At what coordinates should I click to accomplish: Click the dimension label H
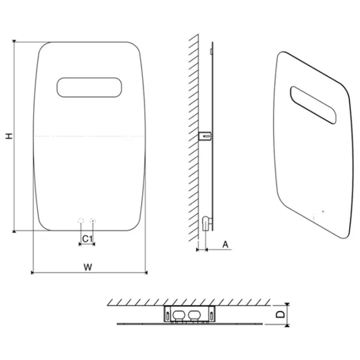(x=9, y=136)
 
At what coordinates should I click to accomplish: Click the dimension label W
(x=88, y=267)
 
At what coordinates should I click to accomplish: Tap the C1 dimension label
(x=87, y=239)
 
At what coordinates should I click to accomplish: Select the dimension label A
(x=226, y=244)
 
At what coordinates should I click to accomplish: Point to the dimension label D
(x=280, y=314)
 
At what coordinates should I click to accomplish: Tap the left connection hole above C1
(x=81, y=221)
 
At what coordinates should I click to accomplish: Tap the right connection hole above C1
(x=93, y=221)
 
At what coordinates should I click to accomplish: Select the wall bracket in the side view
(x=205, y=136)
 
